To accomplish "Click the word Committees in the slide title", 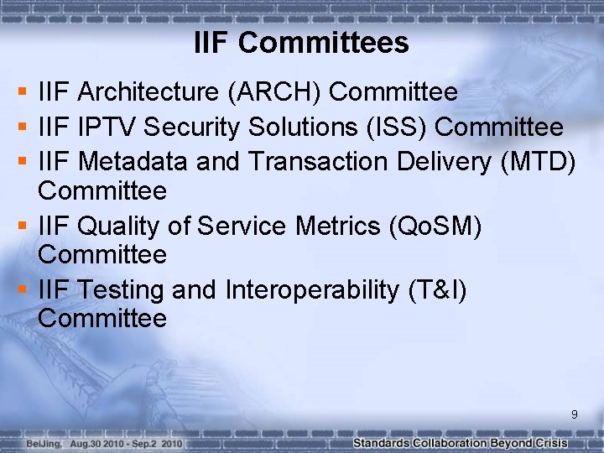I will pyautogui.click(x=324, y=42).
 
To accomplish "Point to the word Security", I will pyautogui.click(x=196, y=128).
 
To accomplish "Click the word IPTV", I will pyautogui.click(x=108, y=128).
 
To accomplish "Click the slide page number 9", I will pyautogui.click(x=574, y=414).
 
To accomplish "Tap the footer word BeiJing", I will pyautogui.click(x=43, y=442).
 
